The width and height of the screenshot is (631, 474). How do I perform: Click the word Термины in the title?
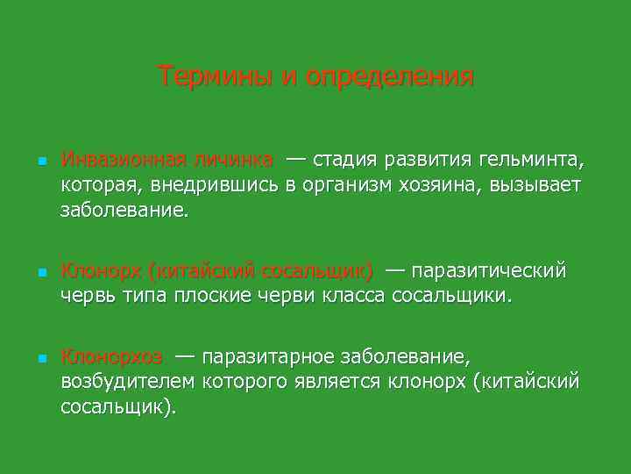(x=215, y=76)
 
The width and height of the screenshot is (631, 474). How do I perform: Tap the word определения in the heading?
(x=390, y=77)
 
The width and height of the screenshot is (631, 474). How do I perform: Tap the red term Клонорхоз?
(x=111, y=356)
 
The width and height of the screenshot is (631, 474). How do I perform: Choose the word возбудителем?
(x=130, y=381)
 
